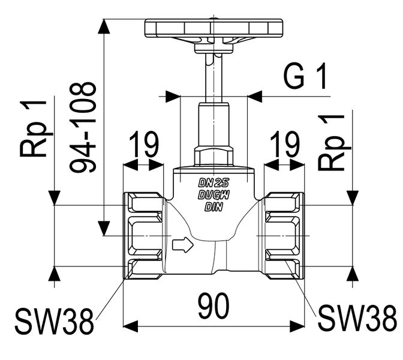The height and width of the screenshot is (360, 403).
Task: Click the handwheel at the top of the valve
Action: [213, 28]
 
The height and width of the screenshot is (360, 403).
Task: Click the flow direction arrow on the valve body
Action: [183, 245]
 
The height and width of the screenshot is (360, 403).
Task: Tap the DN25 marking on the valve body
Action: [213, 183]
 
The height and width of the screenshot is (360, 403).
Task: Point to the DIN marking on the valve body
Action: [213, 207]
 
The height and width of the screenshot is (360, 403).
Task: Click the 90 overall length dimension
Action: [213, 305]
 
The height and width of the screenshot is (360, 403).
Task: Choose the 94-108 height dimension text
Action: [83, 127]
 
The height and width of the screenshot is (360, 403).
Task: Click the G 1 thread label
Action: [305, 76]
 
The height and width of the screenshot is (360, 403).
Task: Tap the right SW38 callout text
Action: [357, 318]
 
